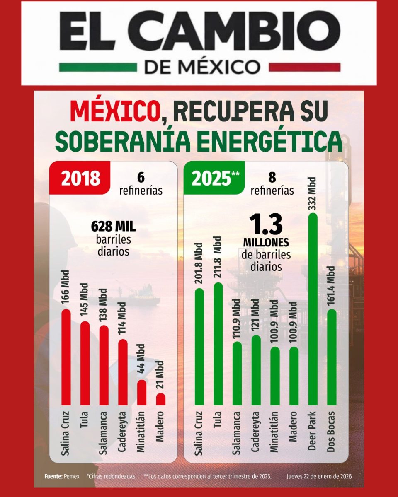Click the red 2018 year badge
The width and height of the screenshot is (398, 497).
tap(80, 178)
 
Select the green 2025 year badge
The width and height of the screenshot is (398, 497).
tap(214, 178)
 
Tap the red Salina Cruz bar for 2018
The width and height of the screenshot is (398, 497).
tap(66, 357)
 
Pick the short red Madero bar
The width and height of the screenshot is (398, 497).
tap(161, 399)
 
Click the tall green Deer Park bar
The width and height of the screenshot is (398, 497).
tap(313, 309)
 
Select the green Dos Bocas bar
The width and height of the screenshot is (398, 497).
tap(332, 357)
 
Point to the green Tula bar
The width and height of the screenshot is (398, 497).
tap(218, 344)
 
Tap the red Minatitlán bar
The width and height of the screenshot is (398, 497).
tap(142, 393)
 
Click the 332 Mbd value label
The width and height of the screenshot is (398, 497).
tap(313, 193)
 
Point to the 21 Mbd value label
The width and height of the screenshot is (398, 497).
tap(160, 374)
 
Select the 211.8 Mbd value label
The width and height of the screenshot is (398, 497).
tap(218, 257)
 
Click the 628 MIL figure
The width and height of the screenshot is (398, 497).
tap(113, 227)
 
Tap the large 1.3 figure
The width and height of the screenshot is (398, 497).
tap(266, 224)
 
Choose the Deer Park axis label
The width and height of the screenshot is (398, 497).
tap(313, 431)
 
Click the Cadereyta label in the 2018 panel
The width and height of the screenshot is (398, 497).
tap(122, 432)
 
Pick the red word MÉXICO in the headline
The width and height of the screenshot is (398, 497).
tap(115, 111)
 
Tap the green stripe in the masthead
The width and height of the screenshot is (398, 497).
tap(98, 67)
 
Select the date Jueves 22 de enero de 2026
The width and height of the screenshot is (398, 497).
tap(319, 476)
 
